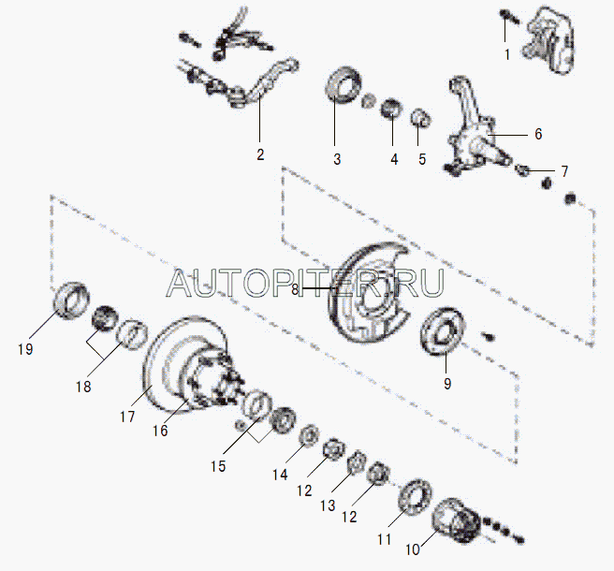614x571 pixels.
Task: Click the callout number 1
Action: tap(507, 55)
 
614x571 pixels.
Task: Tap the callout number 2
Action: tap(260, 154)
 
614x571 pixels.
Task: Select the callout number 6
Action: tap(538, 134)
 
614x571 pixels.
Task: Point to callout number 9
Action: tap(447, 384)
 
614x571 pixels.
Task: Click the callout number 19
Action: tap(25, 348)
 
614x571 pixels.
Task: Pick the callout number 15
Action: tap(218, 466)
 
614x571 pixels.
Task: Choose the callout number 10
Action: tap(413, 549)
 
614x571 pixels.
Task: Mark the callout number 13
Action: tap(328, 505)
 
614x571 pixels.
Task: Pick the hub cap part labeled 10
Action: tap(456, 520)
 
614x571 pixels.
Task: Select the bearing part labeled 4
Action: tap(391, 108)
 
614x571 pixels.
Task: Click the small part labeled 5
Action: tap(421, 118)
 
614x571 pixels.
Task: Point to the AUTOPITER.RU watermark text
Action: tap(305, 283)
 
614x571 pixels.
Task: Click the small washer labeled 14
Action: tap(310, 434)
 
